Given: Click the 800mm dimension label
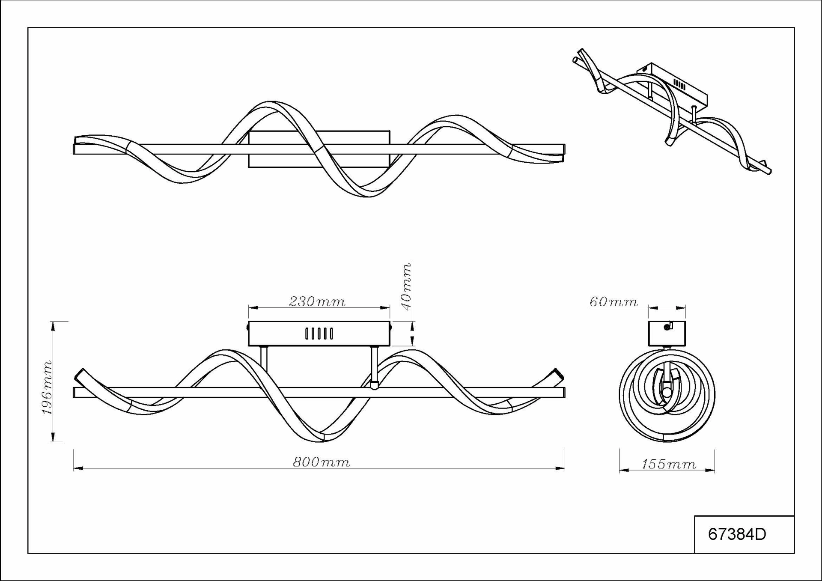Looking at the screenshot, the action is click(x=322, y=462).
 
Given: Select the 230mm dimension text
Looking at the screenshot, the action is click(x=317, y=301).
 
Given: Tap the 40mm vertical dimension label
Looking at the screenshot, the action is click(x=406, y=286).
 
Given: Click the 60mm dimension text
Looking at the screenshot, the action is click(x=614, y=301).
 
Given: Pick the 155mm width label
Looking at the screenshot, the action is click(x=669, y=464).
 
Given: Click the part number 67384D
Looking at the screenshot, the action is click(x=737, y=534).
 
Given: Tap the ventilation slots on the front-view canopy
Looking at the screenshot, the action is click(x=319, y=334).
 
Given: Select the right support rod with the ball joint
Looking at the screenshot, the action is click(x=375, y=368).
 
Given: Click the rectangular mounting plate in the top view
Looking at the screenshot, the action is click(x=319, y=149).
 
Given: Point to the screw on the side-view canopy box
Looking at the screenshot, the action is click(x=666, y=328).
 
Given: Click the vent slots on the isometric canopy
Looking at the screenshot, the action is click(x=679, y=84).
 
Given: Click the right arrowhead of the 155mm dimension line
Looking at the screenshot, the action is click(x=710, y=471).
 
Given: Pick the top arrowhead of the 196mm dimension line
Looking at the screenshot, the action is click(x=53, y=326).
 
